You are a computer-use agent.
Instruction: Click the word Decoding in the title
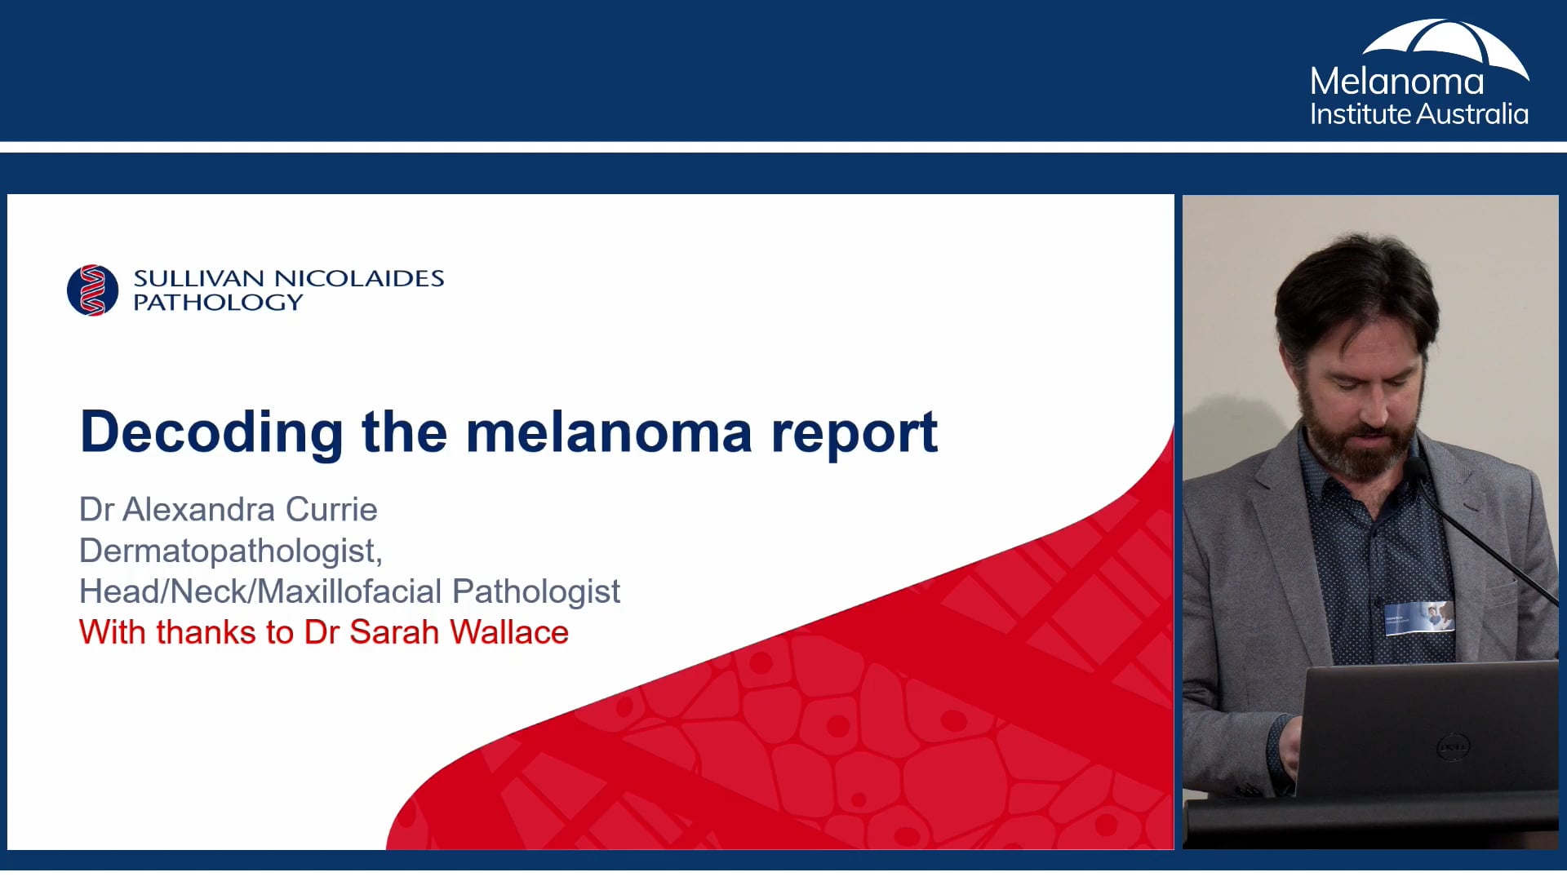point(211,432)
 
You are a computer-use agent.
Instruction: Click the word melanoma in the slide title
point(608,432)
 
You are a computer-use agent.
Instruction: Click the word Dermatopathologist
point(229,551)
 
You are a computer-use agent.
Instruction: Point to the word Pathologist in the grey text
point(536,591)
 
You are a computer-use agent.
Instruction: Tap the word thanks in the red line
point(206,633)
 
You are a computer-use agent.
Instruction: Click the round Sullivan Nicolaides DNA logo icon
point(92,290)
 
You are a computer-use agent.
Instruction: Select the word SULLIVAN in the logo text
point(198,279)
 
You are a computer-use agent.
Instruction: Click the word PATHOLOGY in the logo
point(218,303)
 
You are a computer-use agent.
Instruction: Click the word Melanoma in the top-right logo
point(1396,82)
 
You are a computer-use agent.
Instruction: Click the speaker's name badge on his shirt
point(1420,618)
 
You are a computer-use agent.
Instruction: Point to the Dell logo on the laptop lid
point(1453,747)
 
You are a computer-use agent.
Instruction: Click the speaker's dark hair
point(1355,286)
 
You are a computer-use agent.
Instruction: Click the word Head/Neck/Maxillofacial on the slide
point(260,591)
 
